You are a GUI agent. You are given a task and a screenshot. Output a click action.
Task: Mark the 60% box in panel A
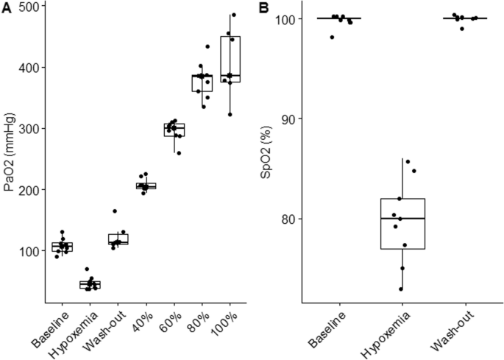[x=174, y=130]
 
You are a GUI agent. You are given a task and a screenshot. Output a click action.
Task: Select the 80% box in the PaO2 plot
[x=202, y=82]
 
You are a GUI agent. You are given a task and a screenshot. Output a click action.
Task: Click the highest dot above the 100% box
[x=233, y=15]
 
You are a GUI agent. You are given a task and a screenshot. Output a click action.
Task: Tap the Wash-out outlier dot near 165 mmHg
[x=115, y=211]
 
